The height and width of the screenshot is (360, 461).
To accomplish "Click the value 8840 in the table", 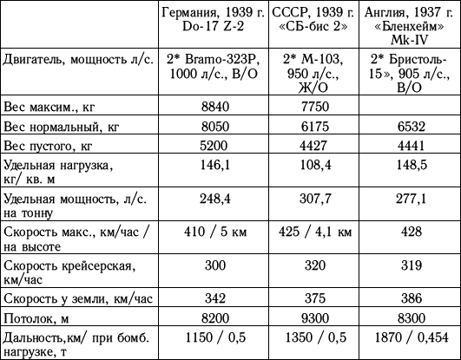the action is (x=215, y=106).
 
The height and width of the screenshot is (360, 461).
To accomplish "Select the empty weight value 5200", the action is (x=215, y=144).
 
